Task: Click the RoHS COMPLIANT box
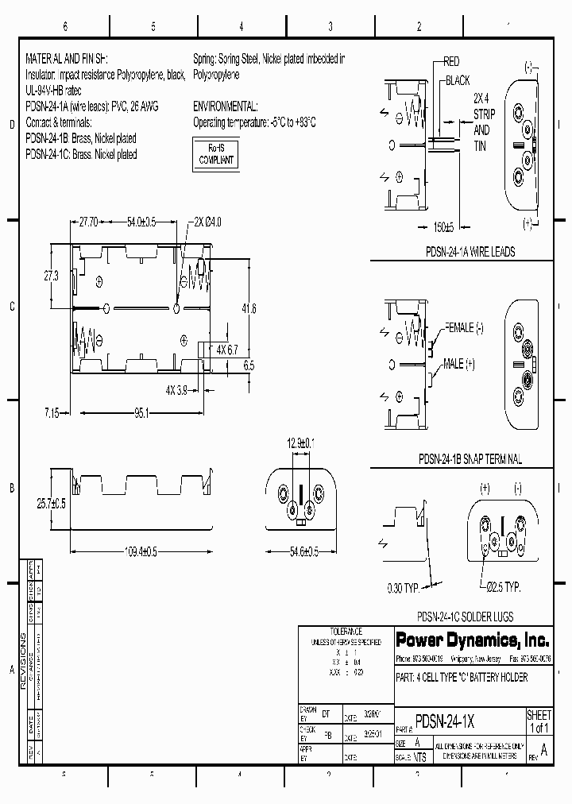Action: click(x=215, y=153)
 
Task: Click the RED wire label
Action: click(x=451, y=62)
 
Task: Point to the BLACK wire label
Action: click(x=457, y=81)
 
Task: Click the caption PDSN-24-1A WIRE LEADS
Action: click(x=470, y=252)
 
